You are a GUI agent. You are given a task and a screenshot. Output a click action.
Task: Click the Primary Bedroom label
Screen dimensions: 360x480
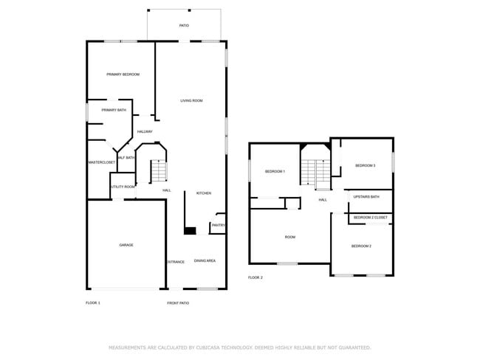click(123, 75)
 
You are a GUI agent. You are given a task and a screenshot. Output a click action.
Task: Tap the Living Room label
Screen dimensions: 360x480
click(191, 100)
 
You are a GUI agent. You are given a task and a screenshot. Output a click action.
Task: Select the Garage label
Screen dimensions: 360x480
click(126, 245)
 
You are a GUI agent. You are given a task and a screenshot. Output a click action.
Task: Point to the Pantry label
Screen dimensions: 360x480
click(218, 225)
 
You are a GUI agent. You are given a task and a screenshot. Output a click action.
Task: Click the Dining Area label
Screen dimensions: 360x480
click(205, 260)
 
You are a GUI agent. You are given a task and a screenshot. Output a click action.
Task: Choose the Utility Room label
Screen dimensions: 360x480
click(123, 187)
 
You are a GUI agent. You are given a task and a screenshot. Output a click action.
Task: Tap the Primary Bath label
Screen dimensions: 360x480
click(114, 110)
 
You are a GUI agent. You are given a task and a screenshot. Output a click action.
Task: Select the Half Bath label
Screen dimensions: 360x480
click(126, 157)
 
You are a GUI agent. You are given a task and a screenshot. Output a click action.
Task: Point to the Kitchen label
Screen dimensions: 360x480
click(203, 193)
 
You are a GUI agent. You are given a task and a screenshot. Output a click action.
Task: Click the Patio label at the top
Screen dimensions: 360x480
click(184, 26)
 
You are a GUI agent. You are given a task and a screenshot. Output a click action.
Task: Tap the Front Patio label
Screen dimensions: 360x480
click(178, 302)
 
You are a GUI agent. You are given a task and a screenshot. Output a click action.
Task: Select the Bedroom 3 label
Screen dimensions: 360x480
click(365, 165)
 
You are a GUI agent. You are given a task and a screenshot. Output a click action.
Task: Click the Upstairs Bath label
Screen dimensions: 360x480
click(366, 197)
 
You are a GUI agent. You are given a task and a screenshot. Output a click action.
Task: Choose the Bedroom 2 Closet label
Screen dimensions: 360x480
click(370, 218)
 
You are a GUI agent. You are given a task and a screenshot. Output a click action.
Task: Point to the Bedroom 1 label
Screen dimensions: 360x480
click(275, 171)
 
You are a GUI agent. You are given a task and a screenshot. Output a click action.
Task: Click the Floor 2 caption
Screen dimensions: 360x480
click(256, 277)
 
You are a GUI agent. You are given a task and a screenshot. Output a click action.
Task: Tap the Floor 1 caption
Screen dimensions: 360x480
click(92, 302)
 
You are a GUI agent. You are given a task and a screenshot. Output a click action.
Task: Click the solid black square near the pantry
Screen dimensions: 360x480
click(190, 231)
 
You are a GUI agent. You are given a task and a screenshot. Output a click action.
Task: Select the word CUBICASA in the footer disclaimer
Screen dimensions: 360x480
click(213, 347)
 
